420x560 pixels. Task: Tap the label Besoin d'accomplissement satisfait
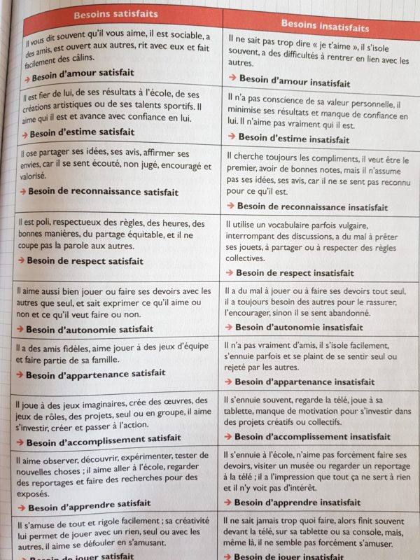click(104, 438)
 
